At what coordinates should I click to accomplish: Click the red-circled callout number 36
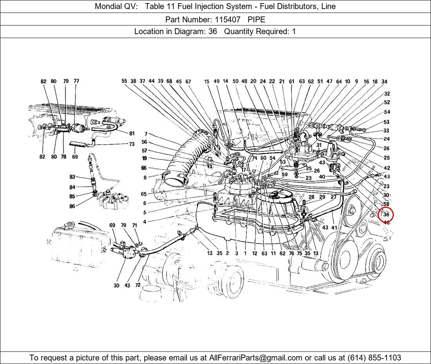point(386,215)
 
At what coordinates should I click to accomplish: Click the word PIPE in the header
point(256,19)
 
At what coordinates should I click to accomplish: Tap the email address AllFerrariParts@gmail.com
point(256,358)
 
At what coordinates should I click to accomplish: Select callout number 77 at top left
point(76,81)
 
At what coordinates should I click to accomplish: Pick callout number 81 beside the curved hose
point(132,133)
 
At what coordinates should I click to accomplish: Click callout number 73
point(132,144)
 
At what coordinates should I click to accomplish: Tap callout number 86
point(72,206)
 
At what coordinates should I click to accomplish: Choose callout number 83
point(72,177)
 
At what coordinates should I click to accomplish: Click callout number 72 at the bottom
point(138,285)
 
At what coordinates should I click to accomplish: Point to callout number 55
point(124,81)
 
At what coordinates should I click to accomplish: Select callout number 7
point(146,134)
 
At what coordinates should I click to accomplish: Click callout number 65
point(144,194)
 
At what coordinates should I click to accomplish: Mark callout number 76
point(291,253)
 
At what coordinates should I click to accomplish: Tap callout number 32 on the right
point(387,94)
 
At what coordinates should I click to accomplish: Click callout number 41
point(334,227)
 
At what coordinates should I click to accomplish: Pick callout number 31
point(319,145)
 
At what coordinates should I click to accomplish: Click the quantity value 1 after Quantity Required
point(294,32)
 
